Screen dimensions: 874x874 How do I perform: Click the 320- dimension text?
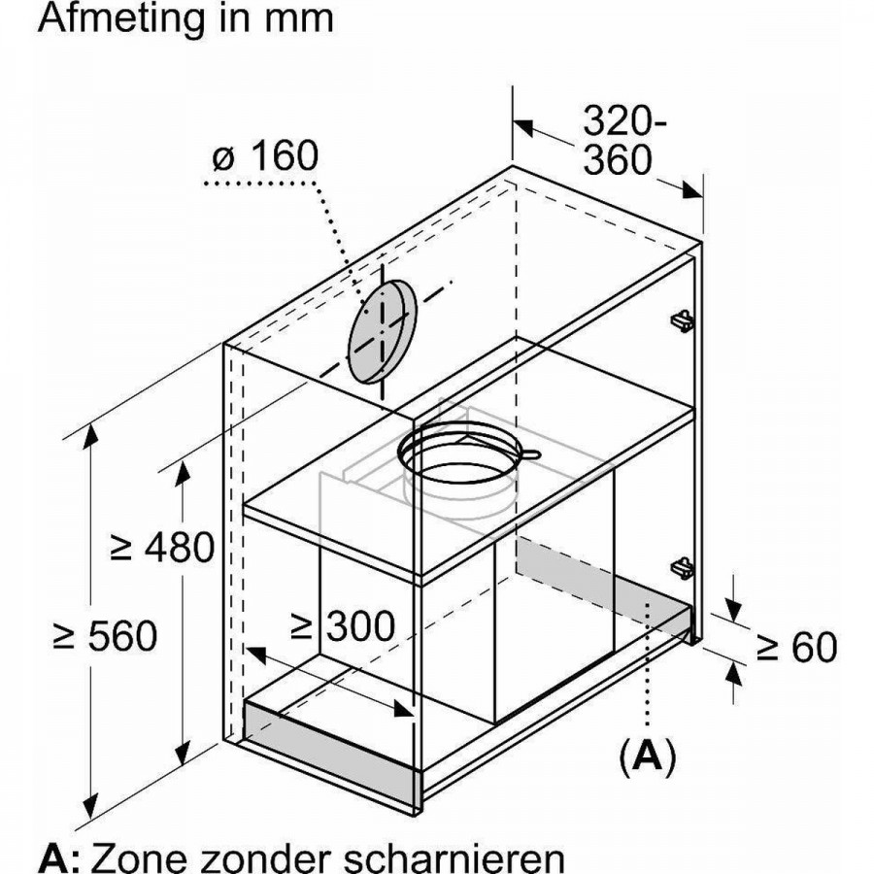[x=626, y=121]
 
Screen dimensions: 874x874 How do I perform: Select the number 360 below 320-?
[x=617, y=160]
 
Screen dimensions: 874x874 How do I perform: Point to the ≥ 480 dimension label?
[x=161, y=549]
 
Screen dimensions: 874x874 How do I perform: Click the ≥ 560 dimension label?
[x=104, y=637]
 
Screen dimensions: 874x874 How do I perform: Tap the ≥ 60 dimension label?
[x=796, y=648]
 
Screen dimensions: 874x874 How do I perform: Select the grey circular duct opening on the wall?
[x=382, y=333]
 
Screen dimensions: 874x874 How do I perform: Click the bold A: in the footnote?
[x=59, y=857]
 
